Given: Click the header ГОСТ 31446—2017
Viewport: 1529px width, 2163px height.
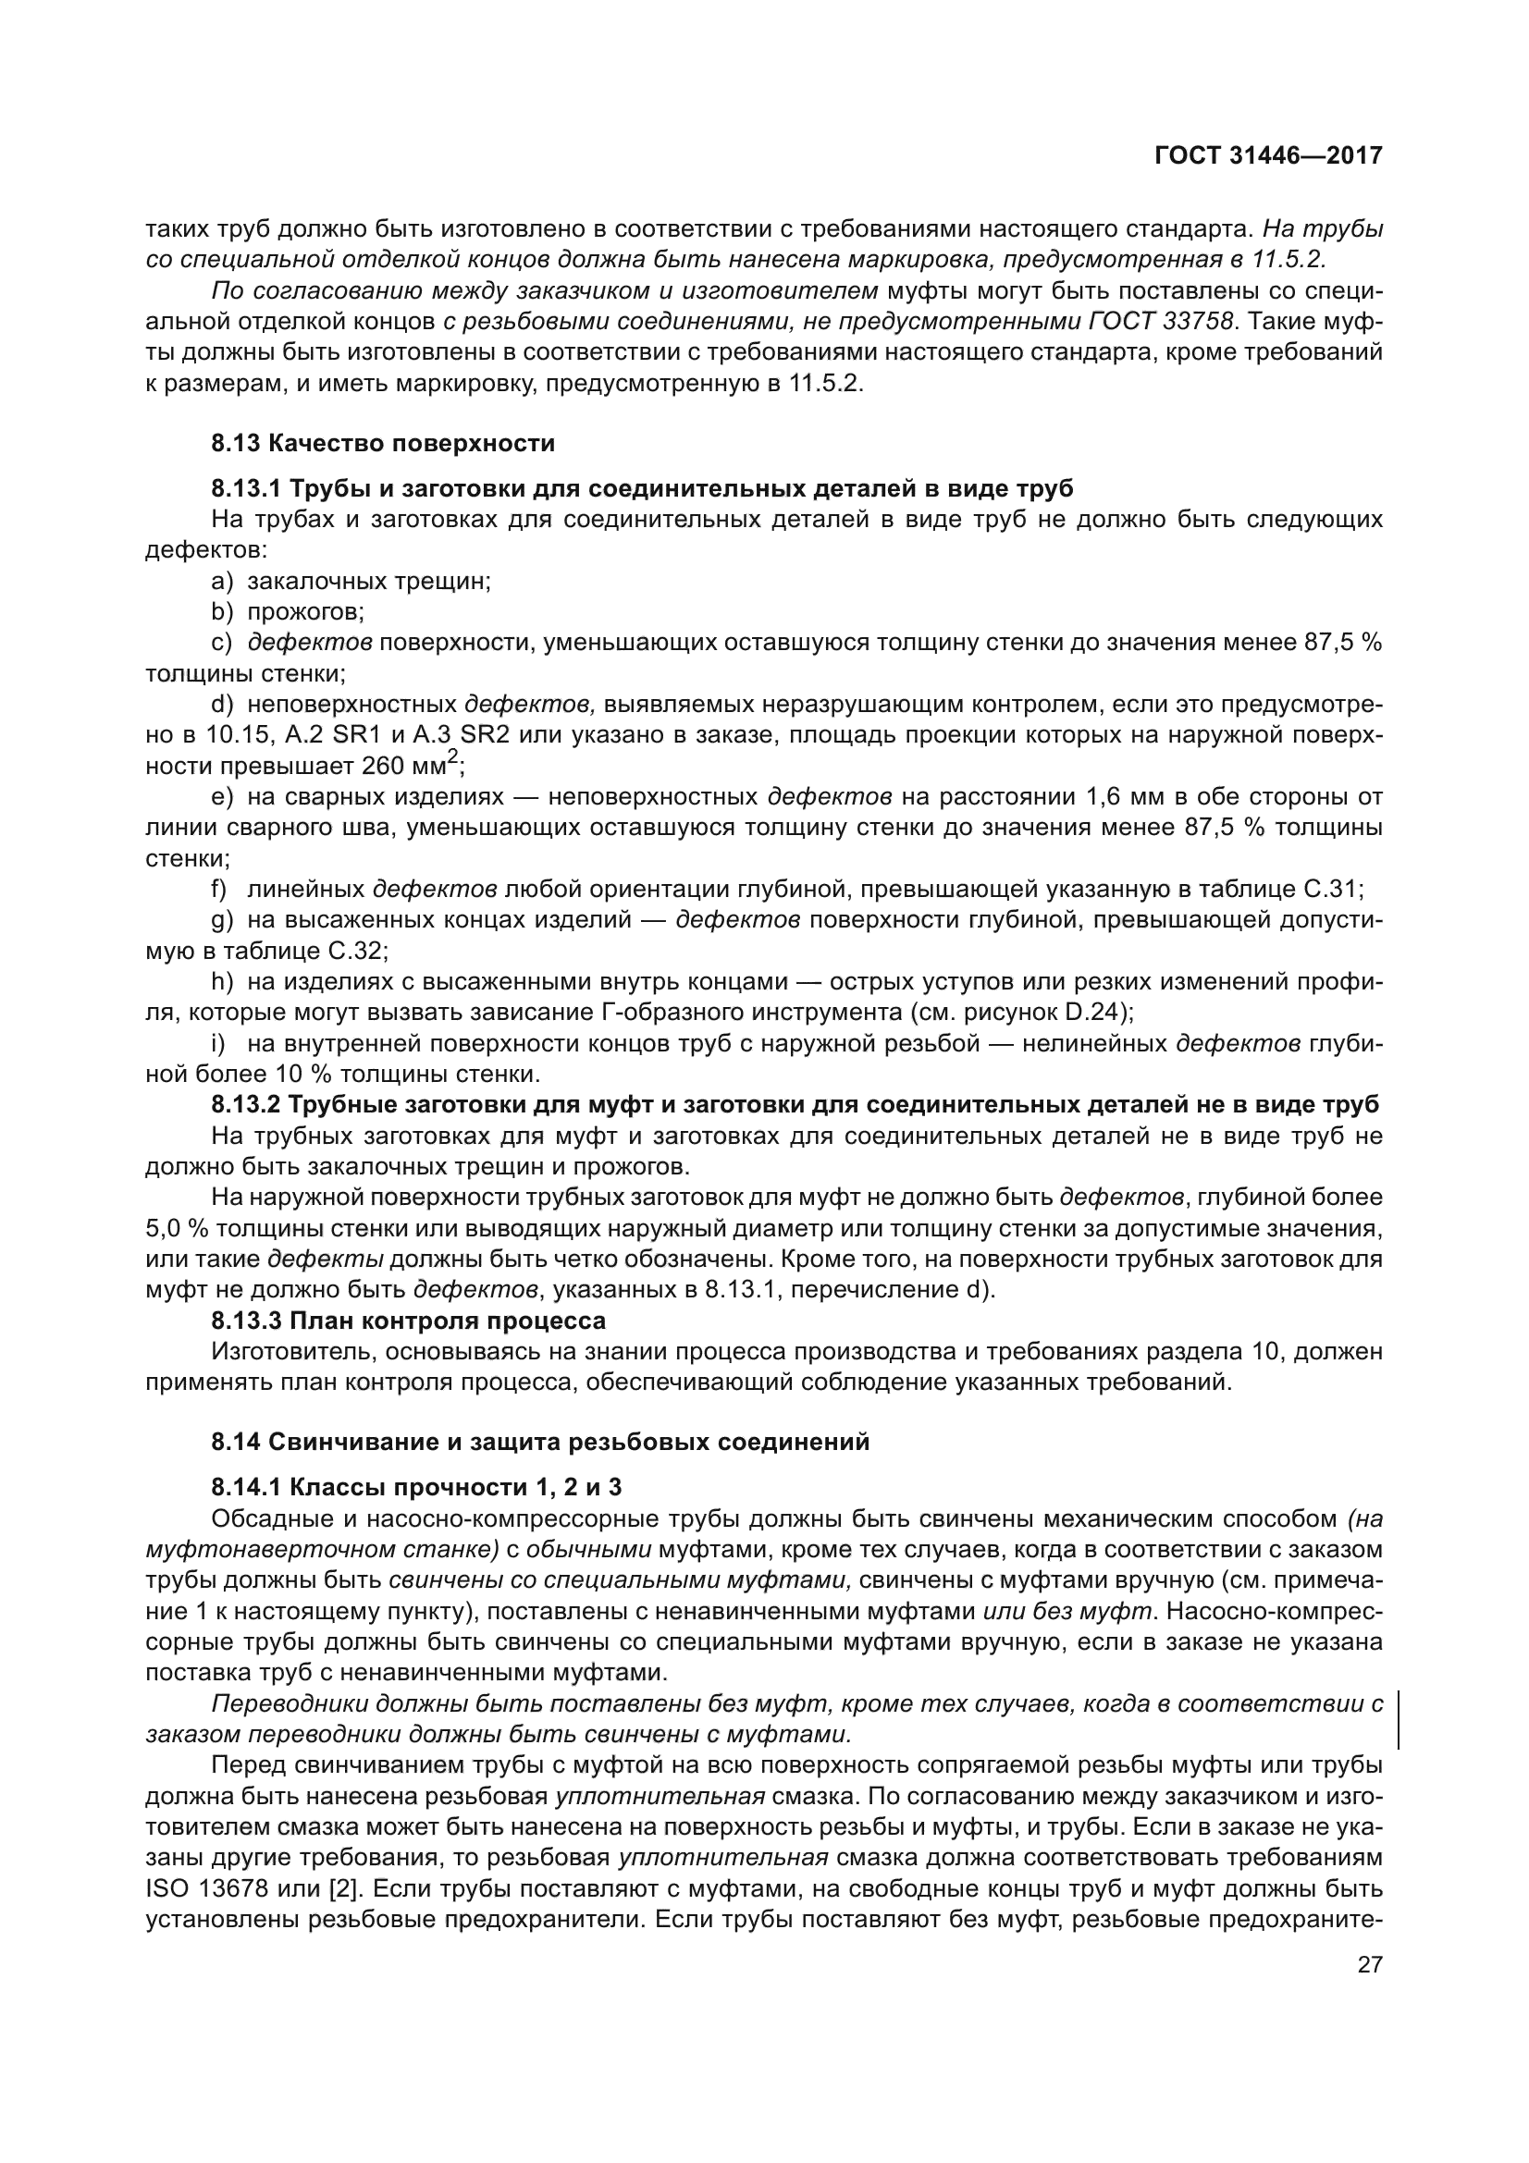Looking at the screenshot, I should click(x=1268, y=155).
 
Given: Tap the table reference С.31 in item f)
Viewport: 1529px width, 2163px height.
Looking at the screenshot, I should click(x=1328, y=889).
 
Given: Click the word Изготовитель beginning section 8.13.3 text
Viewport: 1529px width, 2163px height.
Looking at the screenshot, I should click(x=288, y=1352).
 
